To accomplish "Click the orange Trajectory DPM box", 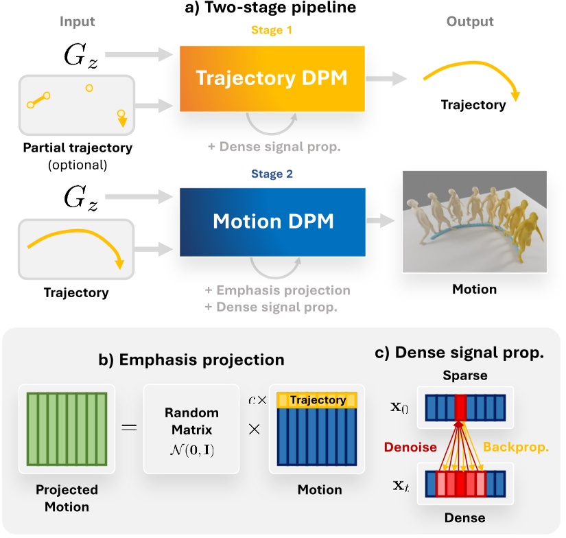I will coord(271,77).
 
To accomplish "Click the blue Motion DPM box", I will coord(271,222).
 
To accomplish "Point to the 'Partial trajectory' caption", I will coord(77,148).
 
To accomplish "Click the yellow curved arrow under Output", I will coord(473,79).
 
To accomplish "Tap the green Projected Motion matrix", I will coord(67,429).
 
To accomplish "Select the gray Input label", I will coord(77,22).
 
